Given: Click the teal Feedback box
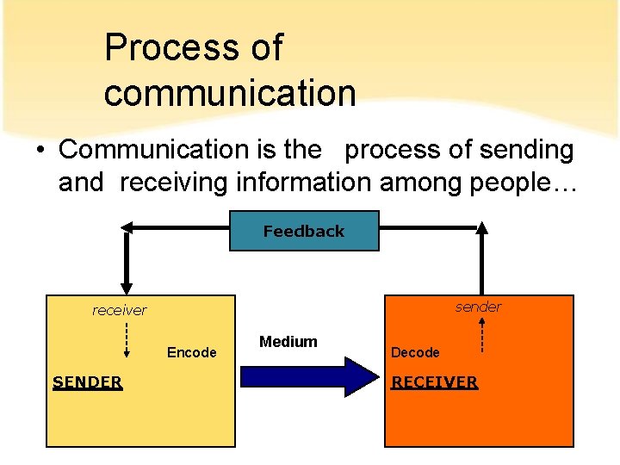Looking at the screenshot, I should point(304,231).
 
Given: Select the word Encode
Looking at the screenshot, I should point(191,352).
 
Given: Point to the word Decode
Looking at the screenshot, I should point(415,352).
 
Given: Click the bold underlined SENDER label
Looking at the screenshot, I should point(87,381).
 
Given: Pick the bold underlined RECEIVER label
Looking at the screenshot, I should point(434,381).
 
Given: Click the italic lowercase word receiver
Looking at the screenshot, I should point(120,310).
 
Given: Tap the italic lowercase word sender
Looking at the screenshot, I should point(478,307).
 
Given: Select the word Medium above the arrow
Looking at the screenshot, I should point(288,342).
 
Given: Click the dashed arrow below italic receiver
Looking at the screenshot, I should point(127,338).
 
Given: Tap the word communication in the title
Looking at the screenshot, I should point(230,92).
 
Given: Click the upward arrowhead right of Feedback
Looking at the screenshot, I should point(482,229).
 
